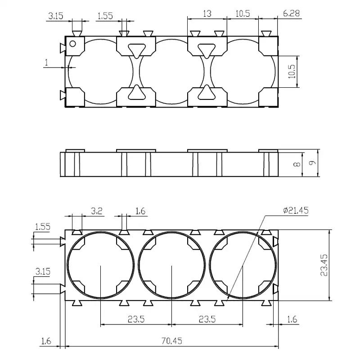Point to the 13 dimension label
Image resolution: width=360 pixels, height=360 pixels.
(207, 14)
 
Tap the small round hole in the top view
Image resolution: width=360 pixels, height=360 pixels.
(72, 43)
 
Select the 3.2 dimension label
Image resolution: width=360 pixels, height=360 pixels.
(97, 210)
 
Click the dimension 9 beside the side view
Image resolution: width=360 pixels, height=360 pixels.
(314, 163)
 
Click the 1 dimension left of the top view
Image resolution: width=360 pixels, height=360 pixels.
(47, 62)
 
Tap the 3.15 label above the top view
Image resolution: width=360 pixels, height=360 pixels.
(56, 17)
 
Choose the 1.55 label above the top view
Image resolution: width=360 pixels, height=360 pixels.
(104, 17)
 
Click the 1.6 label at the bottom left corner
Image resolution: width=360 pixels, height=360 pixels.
(46, 341)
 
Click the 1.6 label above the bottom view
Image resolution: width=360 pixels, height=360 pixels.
(140, 210)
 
